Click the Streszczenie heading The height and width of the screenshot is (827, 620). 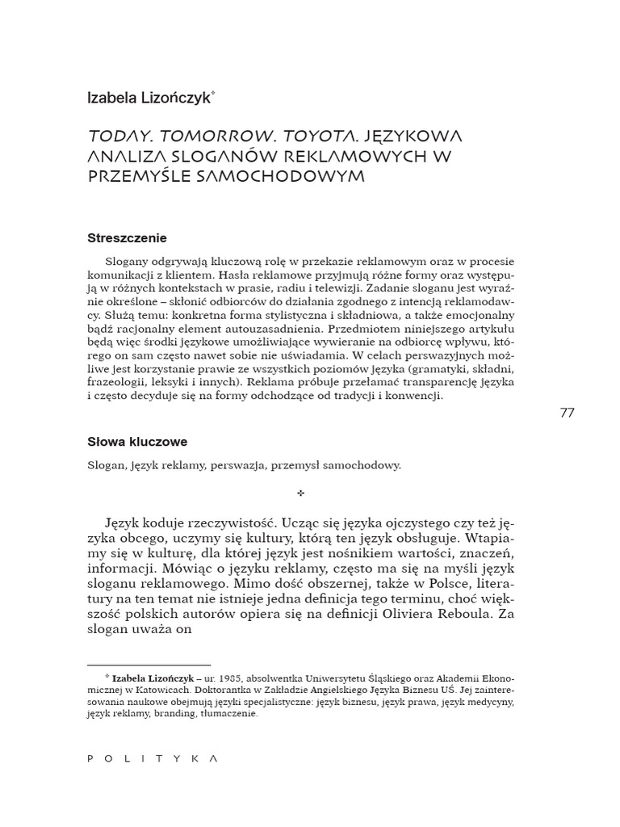(127, 238)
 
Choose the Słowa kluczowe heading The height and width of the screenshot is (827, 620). (137, 442)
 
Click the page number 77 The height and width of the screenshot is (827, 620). (566, 413)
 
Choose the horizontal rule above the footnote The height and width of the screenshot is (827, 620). (149, 665)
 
